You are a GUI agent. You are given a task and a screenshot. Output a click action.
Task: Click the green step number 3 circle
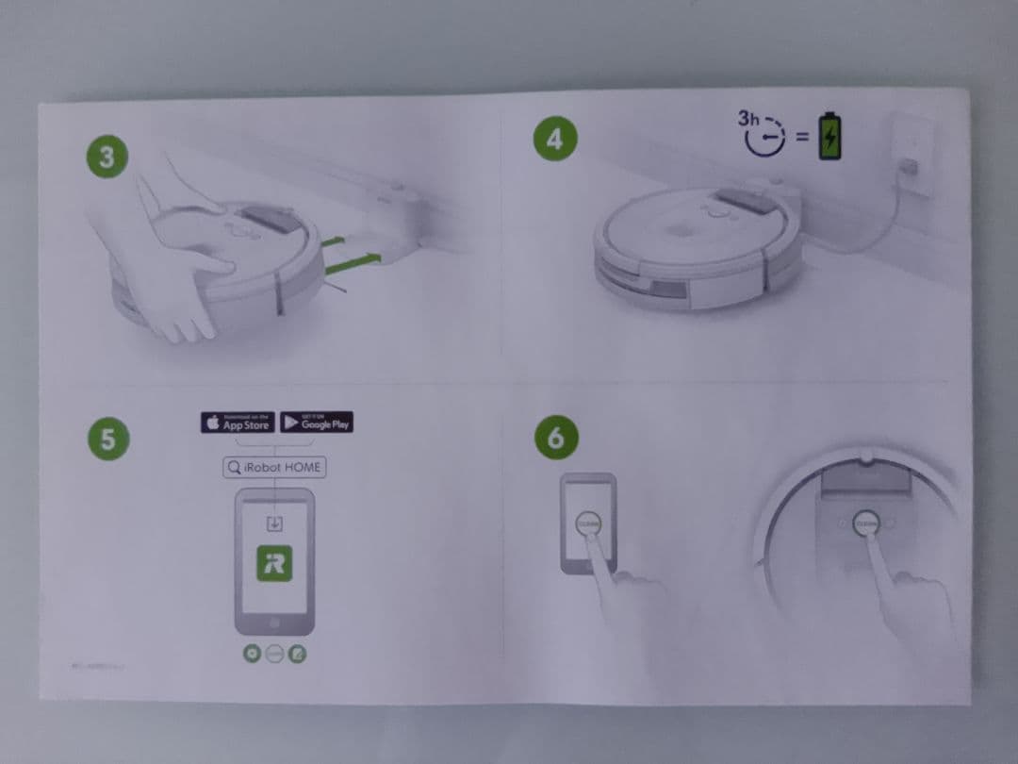click(107, 157)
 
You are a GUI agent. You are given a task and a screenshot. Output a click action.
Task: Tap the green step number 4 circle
click(554, 139)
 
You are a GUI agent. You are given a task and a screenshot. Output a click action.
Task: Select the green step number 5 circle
click(107, 440)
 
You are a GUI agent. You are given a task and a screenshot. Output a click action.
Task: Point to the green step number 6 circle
click(555, 438)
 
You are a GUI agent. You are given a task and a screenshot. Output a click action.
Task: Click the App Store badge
click(238, 422)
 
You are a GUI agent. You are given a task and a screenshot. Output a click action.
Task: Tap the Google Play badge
click(317, 422)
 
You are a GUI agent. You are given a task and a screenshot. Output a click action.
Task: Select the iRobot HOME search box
click(274, 467)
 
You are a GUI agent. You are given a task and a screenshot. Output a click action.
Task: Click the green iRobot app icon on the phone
click(274, 563)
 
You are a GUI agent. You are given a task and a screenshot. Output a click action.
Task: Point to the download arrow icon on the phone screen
click(274, 524)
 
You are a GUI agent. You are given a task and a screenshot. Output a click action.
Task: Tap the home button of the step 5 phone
click(274, 623)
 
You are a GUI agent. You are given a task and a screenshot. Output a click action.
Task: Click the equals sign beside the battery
click(800, 138)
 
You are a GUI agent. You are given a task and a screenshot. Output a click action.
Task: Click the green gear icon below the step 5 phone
click(252, 653)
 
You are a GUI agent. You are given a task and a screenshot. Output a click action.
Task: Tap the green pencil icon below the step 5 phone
click(297, 653)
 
